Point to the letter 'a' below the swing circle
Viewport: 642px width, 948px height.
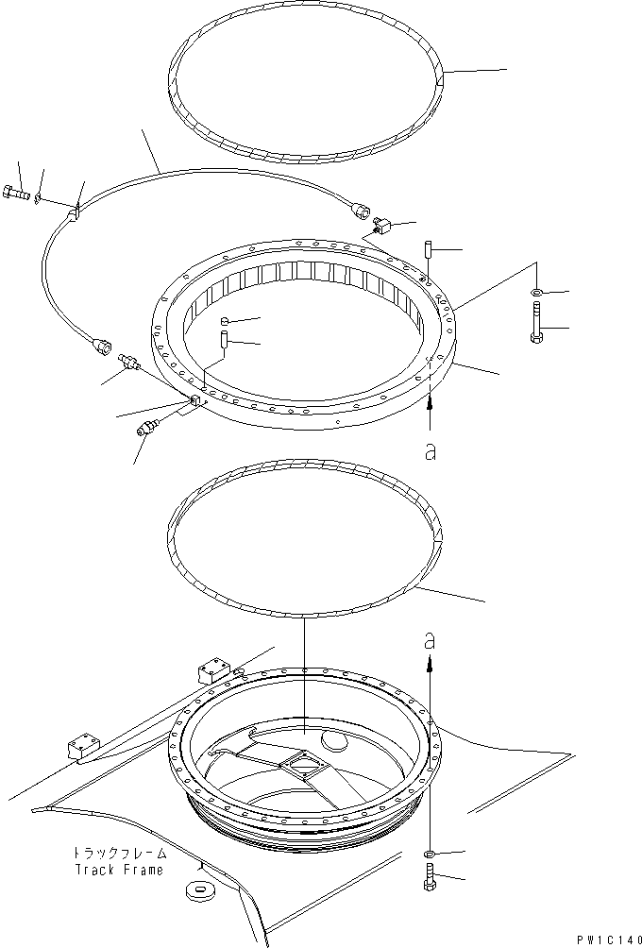tap(431, 452)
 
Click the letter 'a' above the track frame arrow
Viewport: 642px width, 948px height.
tap(431, 639)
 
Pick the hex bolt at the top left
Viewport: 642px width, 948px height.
tap(17, 195)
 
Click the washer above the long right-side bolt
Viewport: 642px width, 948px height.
tap(536, 291)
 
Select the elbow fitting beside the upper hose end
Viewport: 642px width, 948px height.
tap(380, 227)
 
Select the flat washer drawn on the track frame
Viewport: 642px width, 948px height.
tap(198, 889)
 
